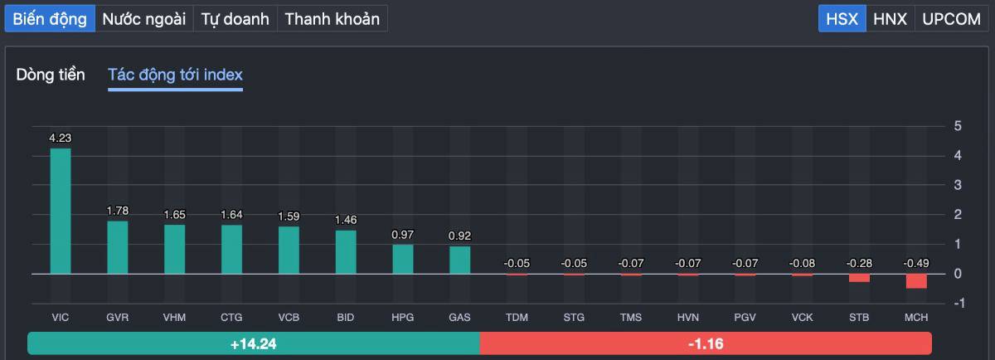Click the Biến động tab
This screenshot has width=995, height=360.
[50, 19]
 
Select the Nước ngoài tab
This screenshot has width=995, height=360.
[144, 19]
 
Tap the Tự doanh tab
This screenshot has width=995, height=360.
[235, 19]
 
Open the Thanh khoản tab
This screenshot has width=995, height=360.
[332, 19]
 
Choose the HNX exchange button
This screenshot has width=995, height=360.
[891, 19]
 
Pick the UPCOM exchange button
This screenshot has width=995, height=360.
[951, 19]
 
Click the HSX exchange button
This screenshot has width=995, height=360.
[842, 19]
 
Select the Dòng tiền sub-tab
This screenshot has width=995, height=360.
[51, 75]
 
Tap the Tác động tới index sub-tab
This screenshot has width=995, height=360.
[175, 75]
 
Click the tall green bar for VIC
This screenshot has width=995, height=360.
[61, 212]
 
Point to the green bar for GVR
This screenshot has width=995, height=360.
[118, 247]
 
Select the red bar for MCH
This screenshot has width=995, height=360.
[916, 281]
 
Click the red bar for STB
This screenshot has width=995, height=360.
[859, 278]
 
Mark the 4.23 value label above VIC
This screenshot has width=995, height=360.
[61, 139]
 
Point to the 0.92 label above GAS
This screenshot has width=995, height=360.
[459, 236]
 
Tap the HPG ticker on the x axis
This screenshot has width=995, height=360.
[403, 318]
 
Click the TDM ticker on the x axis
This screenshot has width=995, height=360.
[517, 318]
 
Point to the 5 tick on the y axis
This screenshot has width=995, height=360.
[958, 126]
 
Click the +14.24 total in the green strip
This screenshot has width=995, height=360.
[253, 343]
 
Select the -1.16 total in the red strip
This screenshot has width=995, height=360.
[706, 343]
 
